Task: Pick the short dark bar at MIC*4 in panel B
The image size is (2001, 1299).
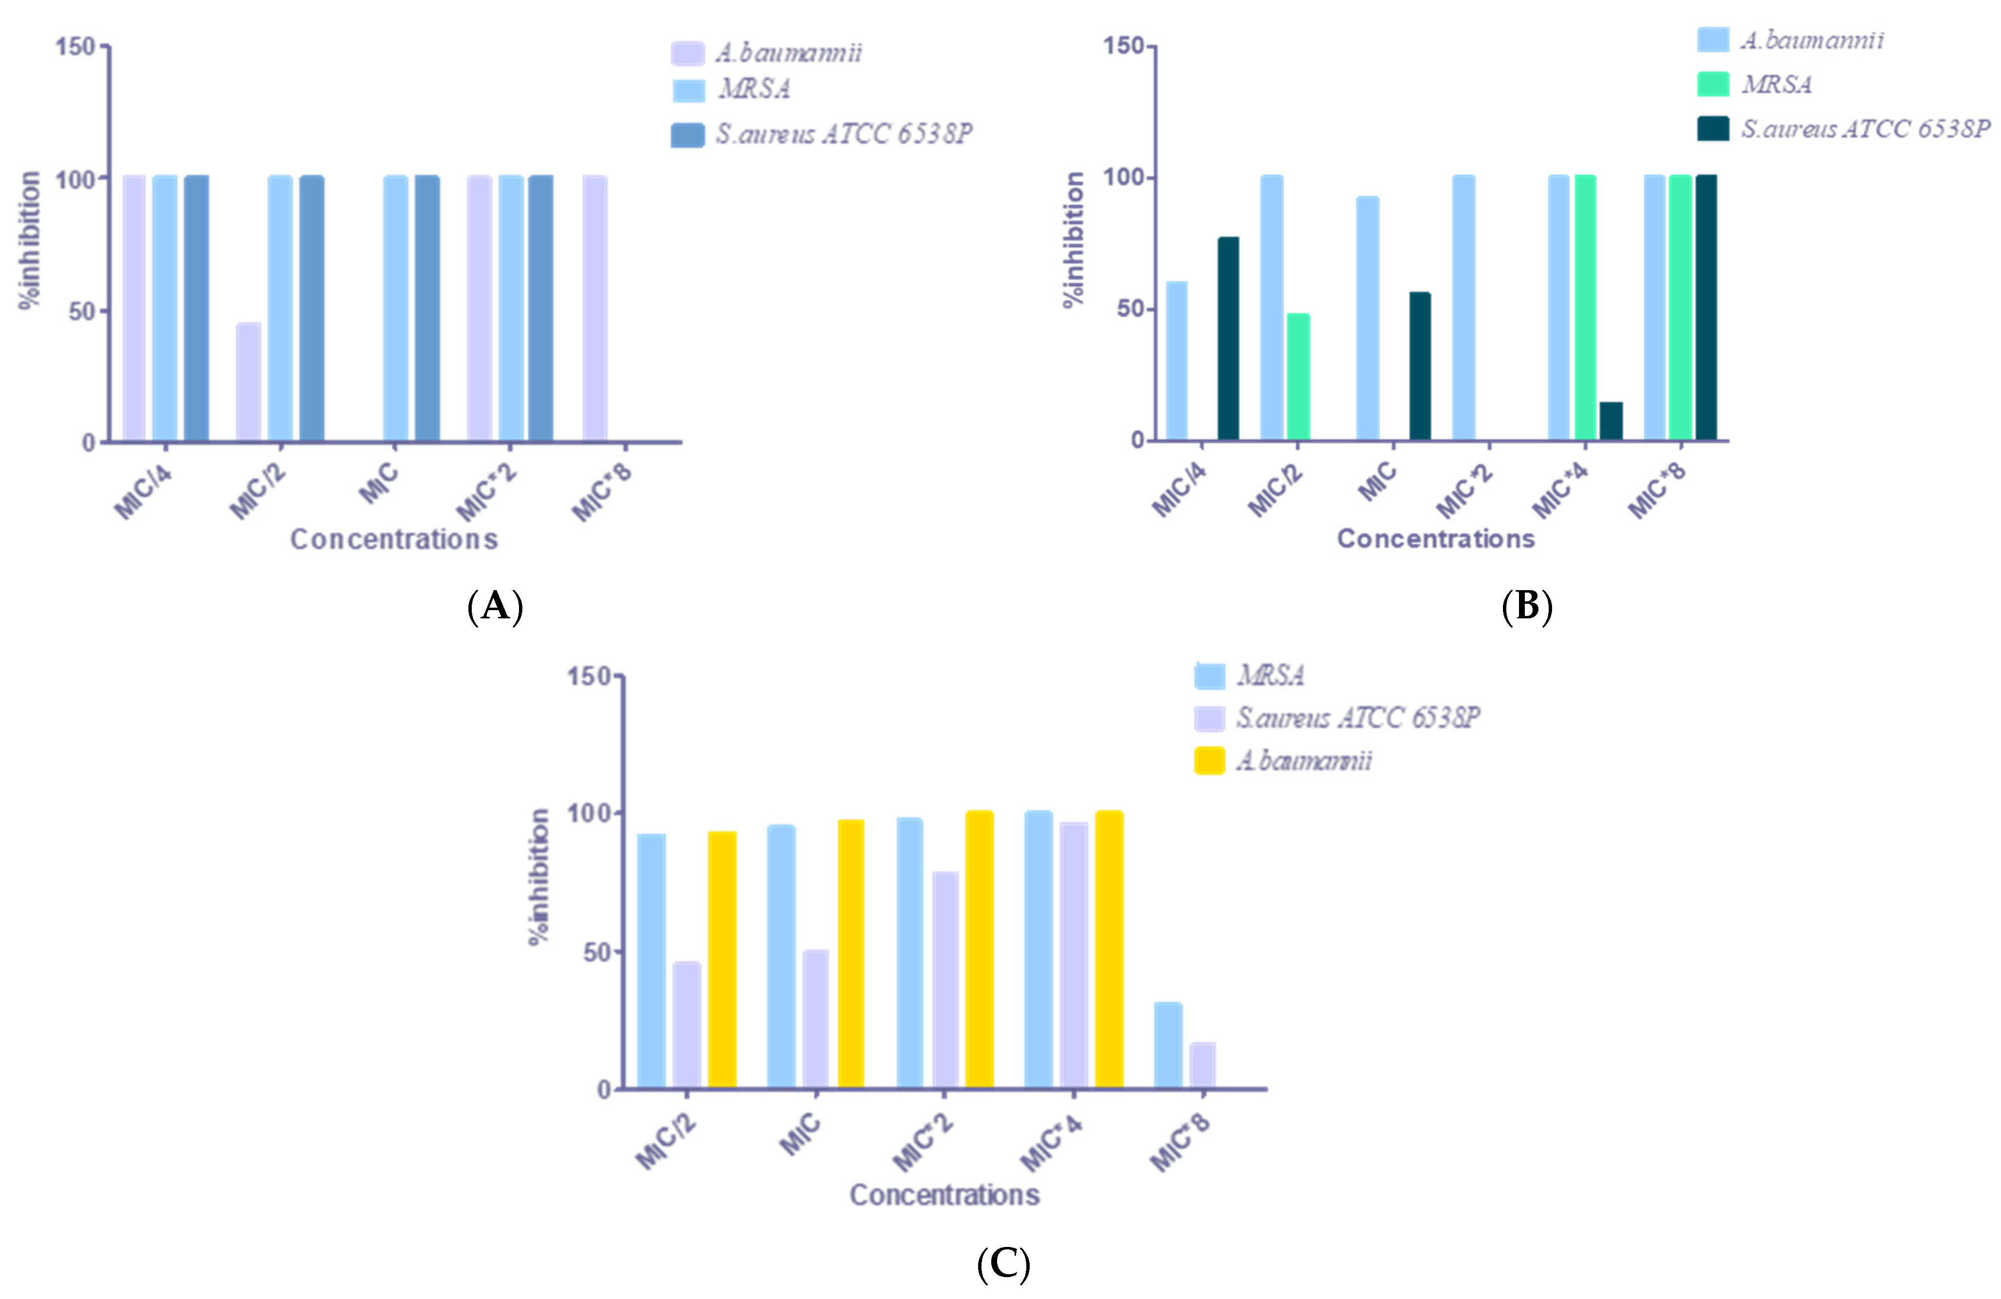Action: pos(1611,420)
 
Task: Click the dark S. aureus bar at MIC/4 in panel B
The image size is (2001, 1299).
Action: pos(1228,338)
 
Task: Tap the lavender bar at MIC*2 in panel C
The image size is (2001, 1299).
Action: pos(945,980)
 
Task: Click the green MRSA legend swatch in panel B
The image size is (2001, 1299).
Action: pos(1713,84)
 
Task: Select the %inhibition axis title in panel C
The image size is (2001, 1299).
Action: pos(539,876)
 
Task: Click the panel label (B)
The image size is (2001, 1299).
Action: pos(1526,605)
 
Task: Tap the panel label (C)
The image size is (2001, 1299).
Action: pos(1003,1263)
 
